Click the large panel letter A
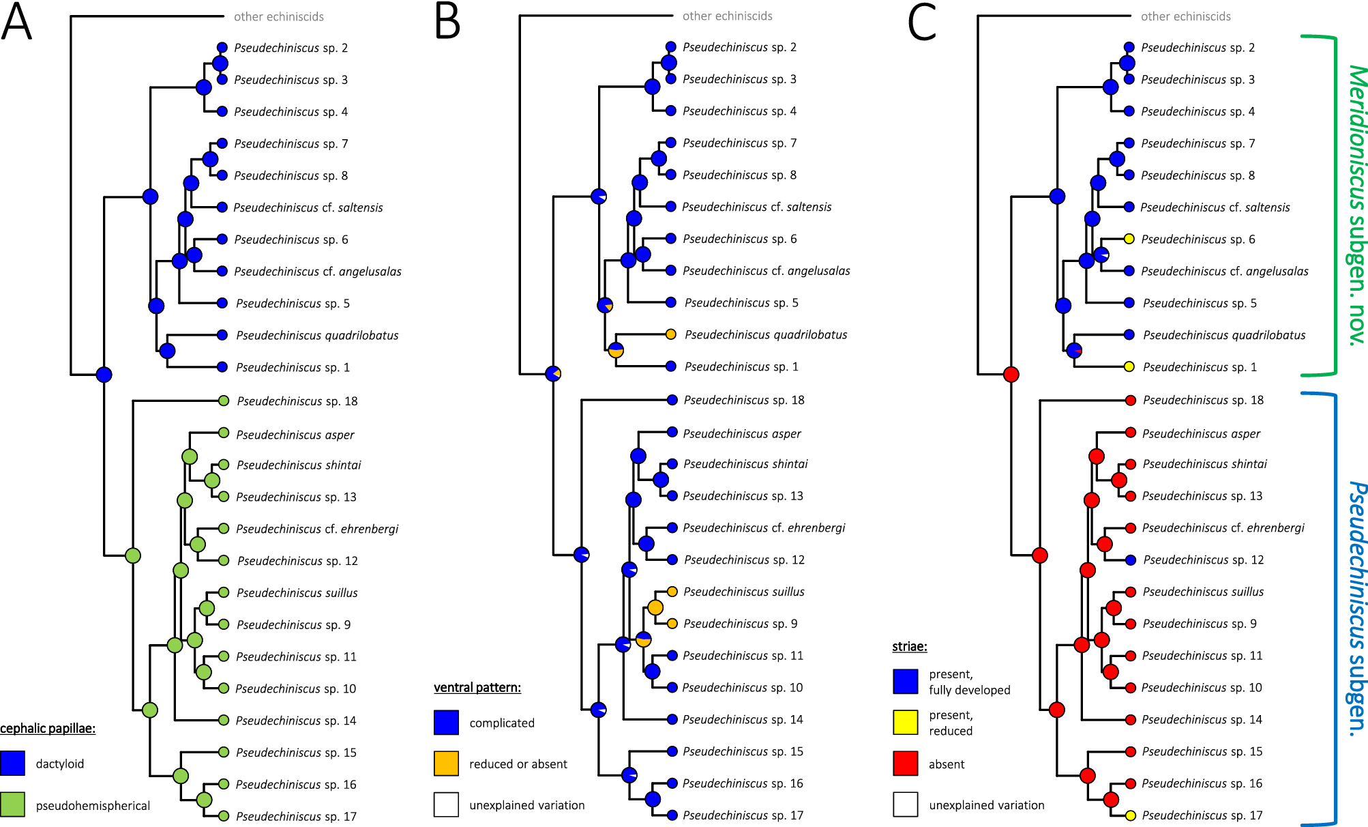[17, 22]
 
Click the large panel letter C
[921, 22]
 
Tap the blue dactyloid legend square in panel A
[12, 763]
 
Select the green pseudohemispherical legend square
[12, 804]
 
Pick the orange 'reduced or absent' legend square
[446, 764]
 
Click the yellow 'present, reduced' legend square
[905, 722]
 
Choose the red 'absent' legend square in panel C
[905, 764]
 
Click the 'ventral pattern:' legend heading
[477, 687]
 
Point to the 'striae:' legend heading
[910, 646]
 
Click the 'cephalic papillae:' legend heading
[48, 728]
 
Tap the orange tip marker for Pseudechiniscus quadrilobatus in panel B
[671, 334]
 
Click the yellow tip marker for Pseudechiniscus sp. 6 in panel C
[1129, 239]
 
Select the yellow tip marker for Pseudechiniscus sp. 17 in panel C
[1130, 815]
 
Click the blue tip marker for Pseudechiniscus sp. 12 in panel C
[1131, 560]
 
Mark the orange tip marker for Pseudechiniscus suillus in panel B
[672, 592]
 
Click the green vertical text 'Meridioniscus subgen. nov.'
[1356, 205]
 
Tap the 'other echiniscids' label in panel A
[279, 16]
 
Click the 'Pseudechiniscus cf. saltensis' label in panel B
[757, 207]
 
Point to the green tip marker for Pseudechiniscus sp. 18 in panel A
[224, 401]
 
